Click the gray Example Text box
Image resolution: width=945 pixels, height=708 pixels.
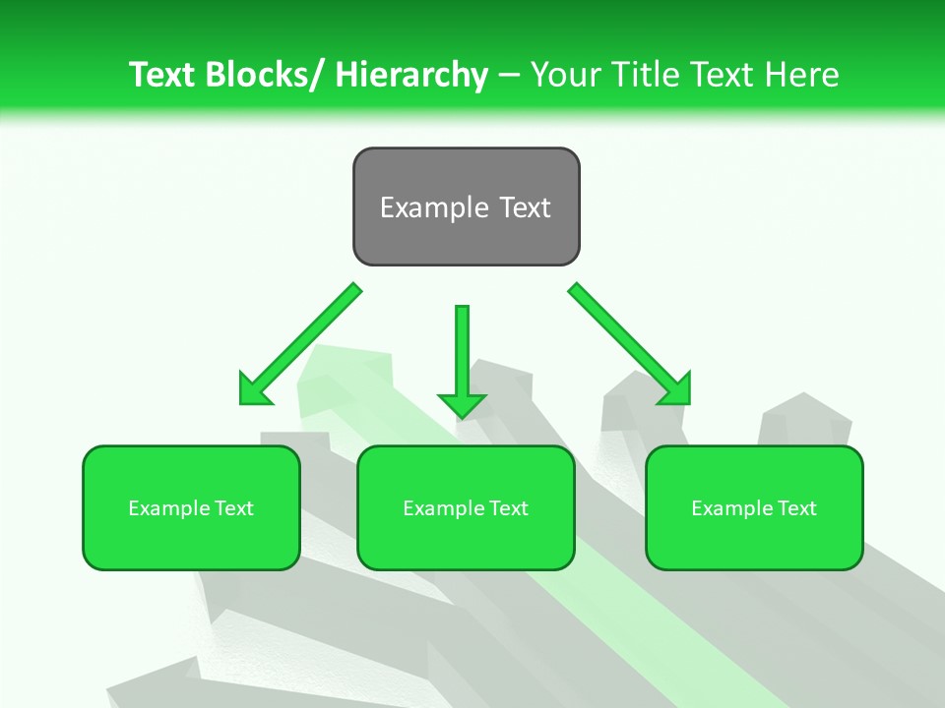466,206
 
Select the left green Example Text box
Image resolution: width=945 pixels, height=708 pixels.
191,507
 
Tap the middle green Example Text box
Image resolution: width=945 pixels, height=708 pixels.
466,507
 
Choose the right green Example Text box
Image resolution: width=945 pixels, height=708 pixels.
754,507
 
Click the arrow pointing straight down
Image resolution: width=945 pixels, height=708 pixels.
462,359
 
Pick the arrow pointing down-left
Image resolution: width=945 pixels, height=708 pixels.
300,344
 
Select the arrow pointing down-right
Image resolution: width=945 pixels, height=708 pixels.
630,344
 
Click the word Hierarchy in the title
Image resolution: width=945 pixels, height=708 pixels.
411,75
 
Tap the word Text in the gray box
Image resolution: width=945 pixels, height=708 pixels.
523,207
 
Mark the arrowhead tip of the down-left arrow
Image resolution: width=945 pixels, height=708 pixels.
242,402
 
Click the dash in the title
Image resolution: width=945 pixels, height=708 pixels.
509,76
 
